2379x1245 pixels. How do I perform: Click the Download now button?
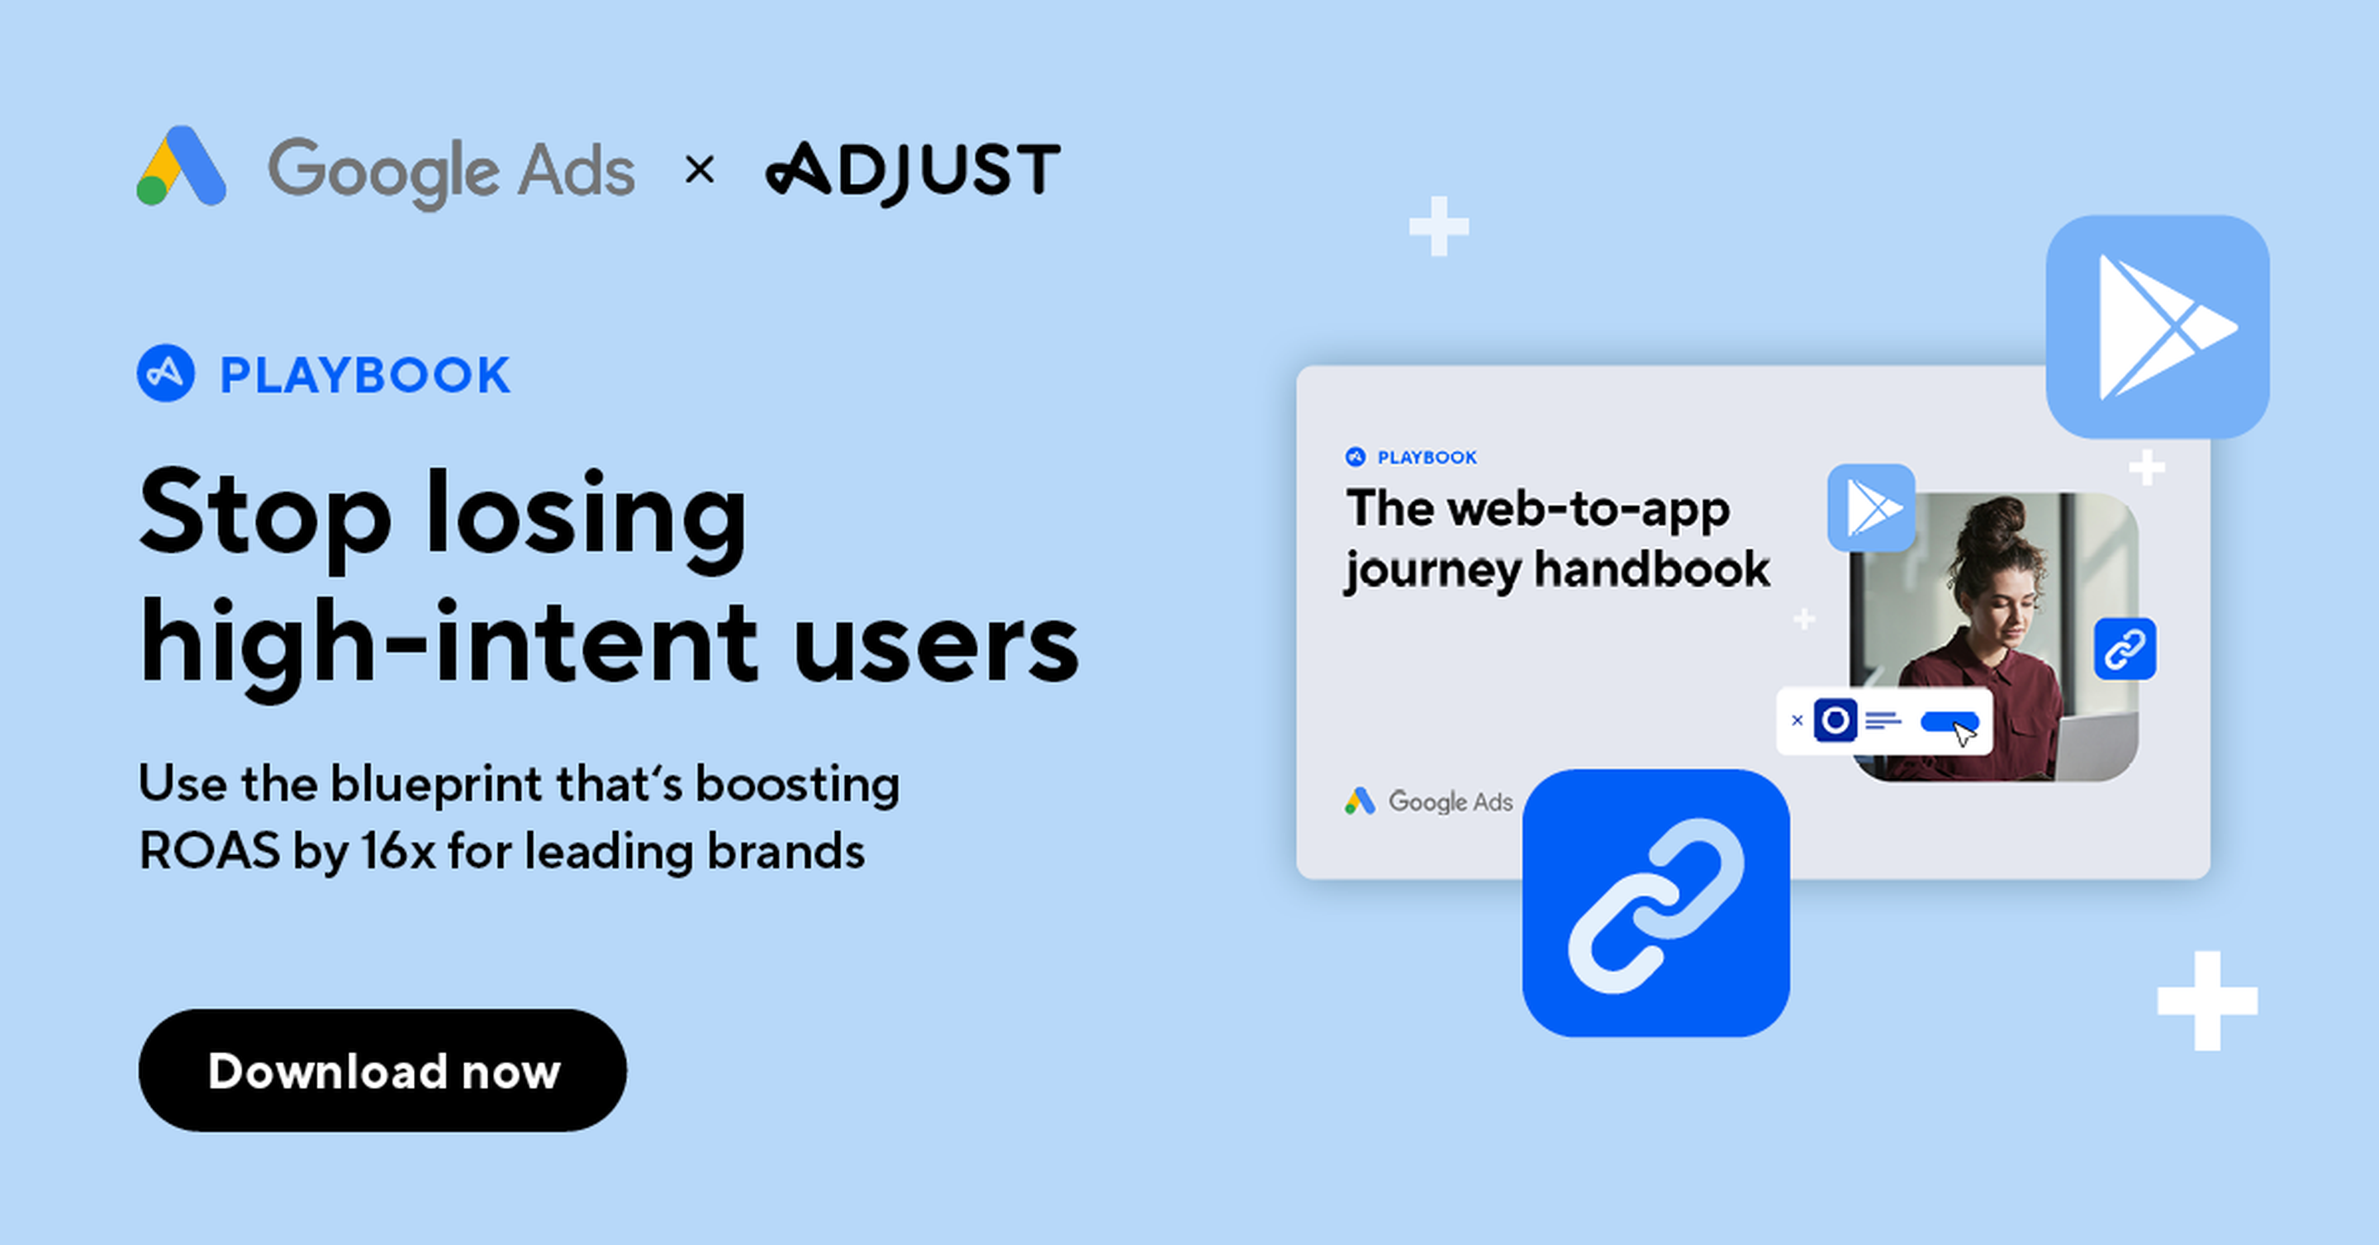382,1071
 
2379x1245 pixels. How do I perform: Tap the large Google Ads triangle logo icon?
181,165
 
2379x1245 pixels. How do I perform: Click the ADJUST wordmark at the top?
913,172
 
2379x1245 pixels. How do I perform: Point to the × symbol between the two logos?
700,170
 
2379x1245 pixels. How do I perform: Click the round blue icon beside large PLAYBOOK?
166,373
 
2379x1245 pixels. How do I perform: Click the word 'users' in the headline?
936,643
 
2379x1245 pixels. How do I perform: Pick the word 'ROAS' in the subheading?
210,851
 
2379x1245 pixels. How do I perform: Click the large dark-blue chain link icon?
1656,903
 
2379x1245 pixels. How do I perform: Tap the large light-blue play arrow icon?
2158,327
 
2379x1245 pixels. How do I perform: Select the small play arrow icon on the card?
1871,508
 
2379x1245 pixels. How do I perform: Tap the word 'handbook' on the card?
1652,569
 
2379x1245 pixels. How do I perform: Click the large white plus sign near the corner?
2207,1001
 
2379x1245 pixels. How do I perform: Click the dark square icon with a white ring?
1835,720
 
